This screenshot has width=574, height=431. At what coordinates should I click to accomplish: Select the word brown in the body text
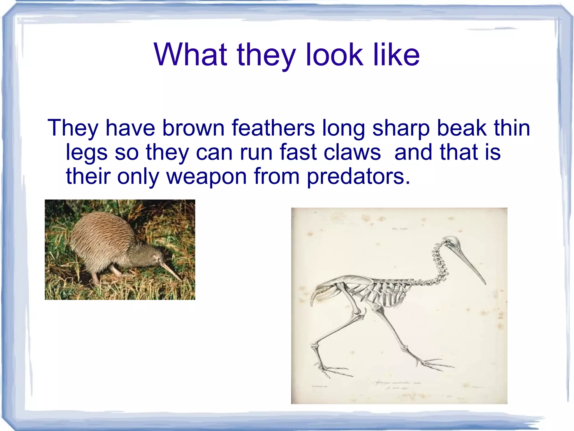(x=193, y=128)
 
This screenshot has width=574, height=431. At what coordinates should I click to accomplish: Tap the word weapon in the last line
(x=207, y=176)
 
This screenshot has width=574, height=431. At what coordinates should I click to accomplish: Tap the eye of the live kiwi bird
(x=154, y=257)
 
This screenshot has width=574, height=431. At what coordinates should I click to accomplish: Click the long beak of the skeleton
(x=471, y=264)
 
